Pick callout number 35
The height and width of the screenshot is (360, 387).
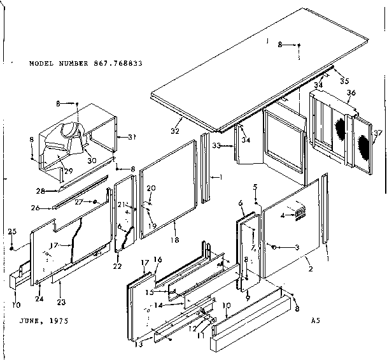[x=344, y=81]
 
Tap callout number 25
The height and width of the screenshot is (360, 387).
[x=11, y=231]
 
